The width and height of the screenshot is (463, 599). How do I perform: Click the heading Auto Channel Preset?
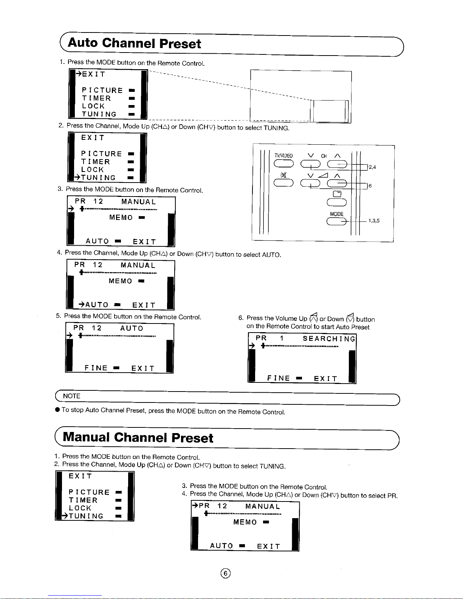(x=134, y=43)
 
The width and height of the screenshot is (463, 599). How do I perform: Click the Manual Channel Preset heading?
(x=138, y=438)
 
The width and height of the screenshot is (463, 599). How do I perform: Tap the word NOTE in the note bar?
(x=71, y=396)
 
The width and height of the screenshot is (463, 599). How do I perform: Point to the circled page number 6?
(x=226, y=573)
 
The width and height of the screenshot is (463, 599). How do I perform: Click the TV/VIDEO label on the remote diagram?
(x=283, y=156)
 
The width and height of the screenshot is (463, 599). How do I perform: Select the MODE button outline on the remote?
(x=336, y=222)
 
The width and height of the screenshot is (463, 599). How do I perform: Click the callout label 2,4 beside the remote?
(x=372, y=167)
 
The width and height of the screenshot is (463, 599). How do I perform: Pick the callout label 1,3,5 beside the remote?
(x=374, y=221)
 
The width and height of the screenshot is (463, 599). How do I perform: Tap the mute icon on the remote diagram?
(x=283, y=175)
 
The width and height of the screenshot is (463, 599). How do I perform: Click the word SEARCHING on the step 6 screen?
(x=329, y=339)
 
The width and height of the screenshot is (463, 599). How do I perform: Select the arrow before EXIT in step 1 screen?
(x=79, y=74)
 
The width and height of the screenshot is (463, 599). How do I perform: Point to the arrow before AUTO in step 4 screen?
(x=81, y=304)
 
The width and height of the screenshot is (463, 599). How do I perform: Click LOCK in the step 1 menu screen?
(x=93, y=106)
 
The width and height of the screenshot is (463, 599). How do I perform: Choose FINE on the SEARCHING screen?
(x=279, y=378)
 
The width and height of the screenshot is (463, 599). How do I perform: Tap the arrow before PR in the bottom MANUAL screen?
(x=195, y=506)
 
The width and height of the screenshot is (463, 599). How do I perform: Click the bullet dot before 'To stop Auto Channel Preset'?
(x=57, y=409)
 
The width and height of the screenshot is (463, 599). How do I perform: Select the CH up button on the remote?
(x=337, y=164)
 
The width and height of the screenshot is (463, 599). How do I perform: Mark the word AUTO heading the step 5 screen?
(x=132, y=328)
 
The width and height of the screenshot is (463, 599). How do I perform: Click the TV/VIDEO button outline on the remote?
(x=283, y=164)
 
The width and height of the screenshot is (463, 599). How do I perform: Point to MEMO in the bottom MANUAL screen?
(x=245, y=522)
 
